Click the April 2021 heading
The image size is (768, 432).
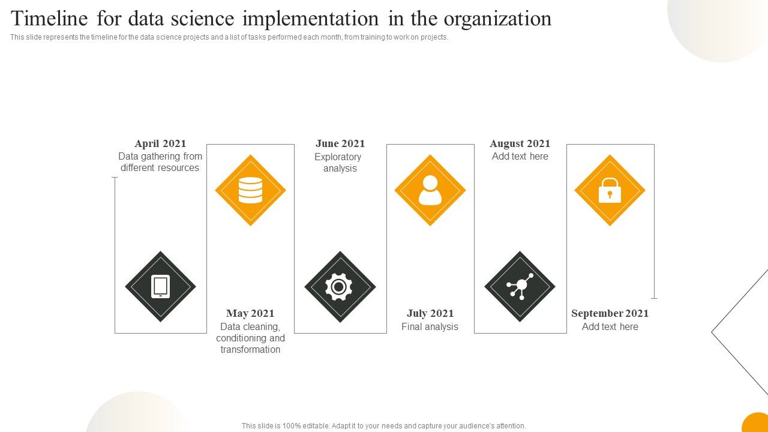(160, 143)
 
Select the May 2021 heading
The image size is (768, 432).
(250, 313)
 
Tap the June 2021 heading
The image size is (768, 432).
(340, 143)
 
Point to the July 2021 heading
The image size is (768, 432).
(430, 313)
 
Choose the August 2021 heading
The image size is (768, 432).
(520, 143)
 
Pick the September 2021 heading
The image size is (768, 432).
(610, 313)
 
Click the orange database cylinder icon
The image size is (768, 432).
(250, 190)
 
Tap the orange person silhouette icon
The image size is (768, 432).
(430, 190)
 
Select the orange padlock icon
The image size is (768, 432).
(610, 190)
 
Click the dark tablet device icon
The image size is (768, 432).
(160, 287)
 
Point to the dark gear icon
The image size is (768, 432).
(340, 287)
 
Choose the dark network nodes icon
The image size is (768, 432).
(520, 287)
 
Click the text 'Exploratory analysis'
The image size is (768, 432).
(338, 163)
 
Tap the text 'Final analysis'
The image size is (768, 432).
(430, 327)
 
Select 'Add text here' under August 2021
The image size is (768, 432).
(520, 157)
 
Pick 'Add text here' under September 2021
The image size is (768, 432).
(610, 327)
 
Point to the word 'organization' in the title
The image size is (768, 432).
(497, 19)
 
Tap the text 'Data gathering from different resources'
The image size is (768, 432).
(160, 162)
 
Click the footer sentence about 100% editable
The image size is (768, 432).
(384, 426)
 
